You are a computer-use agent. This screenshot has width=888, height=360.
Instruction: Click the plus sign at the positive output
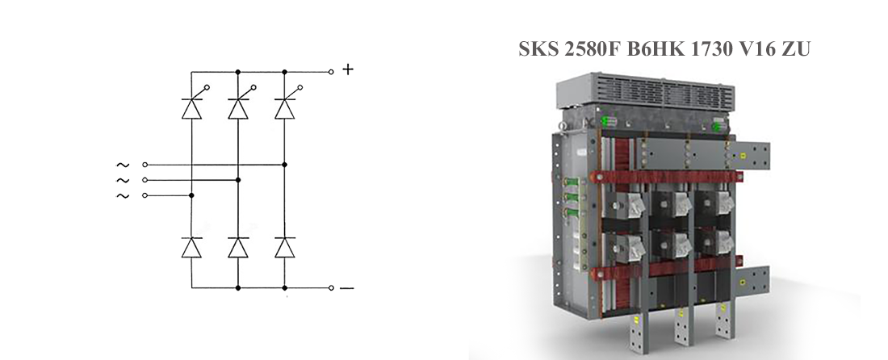348,69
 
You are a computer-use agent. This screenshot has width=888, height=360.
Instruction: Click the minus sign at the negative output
346,288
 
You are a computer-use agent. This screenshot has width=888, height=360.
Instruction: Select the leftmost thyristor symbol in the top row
193,103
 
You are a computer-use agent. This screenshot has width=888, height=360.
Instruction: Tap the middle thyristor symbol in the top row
240,103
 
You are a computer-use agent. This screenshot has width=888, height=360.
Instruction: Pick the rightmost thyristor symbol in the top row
286,103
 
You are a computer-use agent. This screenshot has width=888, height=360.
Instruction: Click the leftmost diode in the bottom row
191,247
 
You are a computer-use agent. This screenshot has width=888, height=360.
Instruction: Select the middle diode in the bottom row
238,247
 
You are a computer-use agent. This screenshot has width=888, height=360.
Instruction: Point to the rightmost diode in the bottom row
284,247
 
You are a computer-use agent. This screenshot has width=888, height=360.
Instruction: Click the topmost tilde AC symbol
123,165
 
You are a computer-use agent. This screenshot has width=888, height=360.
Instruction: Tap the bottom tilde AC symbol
123,196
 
